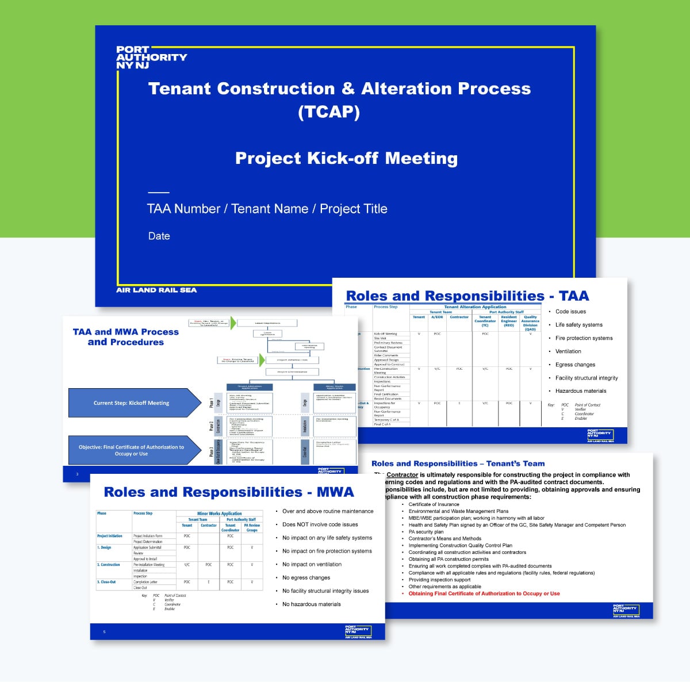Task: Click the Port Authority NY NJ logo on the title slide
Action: [151, 58]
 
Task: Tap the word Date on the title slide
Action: [159, 236]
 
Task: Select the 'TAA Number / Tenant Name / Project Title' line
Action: [267, 209]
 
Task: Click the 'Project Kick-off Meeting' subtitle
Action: [346, 158]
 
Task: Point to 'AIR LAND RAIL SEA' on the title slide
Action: [156, 290]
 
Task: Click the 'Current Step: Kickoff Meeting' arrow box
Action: [132, 403]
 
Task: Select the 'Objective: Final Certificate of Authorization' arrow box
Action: [132, 450]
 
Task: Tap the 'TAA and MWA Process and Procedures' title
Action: [126, 337]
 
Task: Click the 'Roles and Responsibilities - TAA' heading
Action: [467, 296]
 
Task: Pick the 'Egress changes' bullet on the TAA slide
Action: [575, 365]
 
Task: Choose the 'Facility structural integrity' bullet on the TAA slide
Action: [586, 378]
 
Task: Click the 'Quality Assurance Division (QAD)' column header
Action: [530, 323]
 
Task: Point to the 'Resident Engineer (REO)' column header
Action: [509, 321]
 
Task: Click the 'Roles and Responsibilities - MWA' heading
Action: [229, 492]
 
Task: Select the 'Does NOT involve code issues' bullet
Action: [320, 524]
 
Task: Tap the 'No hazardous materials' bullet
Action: [311, 604]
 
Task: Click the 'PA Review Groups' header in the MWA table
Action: [252, 527]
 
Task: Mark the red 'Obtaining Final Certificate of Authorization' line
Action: [484, 593]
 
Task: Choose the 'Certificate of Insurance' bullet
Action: [434, 504]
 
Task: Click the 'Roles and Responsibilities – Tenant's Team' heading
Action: [458, 463]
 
